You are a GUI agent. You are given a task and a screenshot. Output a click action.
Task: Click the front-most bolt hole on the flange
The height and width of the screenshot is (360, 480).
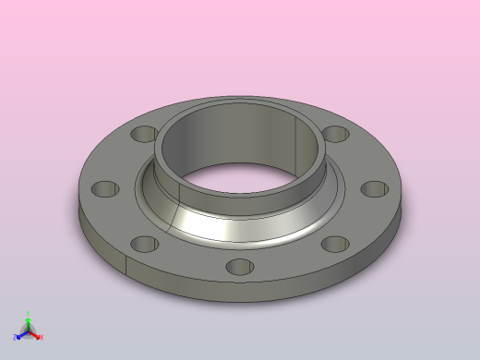click(239, 267)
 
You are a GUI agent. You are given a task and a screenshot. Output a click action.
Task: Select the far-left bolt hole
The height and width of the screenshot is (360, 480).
click(106, 188)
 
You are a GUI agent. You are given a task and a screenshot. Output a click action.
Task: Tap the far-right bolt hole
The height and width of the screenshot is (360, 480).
click(374, 188)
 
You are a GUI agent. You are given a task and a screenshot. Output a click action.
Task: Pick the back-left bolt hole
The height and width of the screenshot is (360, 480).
click(143, 134)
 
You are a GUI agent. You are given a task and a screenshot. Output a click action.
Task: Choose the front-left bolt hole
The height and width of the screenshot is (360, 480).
click(144, 245)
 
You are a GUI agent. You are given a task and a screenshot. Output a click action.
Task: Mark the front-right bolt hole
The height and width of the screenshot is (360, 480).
click(333, 246)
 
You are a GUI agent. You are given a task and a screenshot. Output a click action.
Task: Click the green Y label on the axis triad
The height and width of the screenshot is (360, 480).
click(29, 314)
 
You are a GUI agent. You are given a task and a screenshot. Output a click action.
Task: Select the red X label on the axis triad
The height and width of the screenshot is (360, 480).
click(42, 337)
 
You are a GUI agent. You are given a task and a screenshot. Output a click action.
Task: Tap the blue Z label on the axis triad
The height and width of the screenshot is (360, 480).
click(16, 337)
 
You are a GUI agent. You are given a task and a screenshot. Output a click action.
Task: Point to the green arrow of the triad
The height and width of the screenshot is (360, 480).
click(29, 322)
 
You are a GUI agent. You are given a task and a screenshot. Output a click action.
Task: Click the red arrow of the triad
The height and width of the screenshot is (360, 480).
click(36, 334)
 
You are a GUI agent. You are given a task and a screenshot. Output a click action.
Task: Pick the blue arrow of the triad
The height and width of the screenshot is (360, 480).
click(21, 334)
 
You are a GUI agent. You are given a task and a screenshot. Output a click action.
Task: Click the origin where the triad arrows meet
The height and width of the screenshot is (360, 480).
click(29, 330)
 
